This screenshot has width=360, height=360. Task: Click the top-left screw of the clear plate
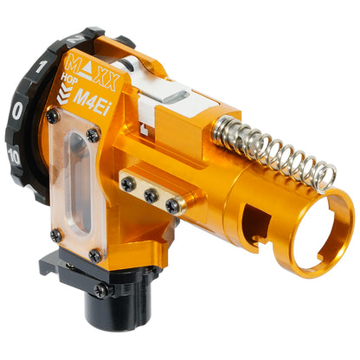(x=53, y=116)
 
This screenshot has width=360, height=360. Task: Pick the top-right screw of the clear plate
(x=93, y=136)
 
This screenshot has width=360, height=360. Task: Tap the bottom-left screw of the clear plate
(x=56, y=235)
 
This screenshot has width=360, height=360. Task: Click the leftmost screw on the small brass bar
(x=131, y=184)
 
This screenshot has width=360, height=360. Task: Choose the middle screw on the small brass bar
(x=151, y=196)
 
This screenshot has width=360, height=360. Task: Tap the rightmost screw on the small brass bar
(x=172, y=206)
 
